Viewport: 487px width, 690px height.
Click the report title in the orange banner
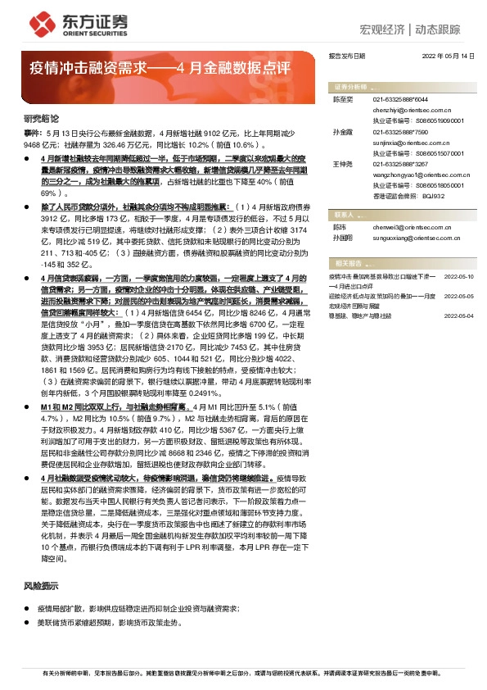point(155,66)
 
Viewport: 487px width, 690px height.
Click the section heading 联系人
point(344,215)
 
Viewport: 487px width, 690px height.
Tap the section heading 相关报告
point(347,263)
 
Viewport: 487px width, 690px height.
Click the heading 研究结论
point(42,119)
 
